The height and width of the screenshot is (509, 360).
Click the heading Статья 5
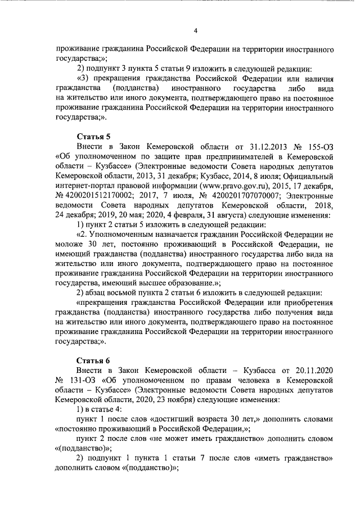point(92,136)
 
